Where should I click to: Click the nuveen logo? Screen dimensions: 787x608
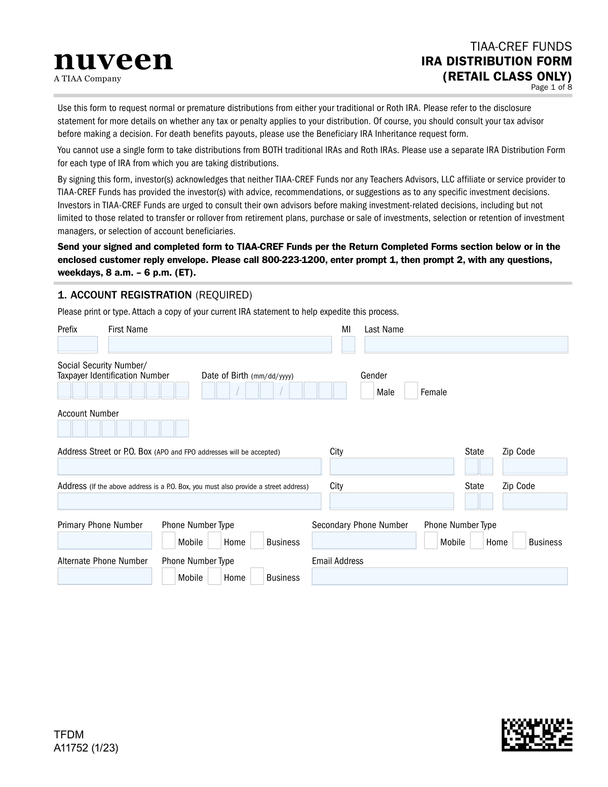[x=113, y=62]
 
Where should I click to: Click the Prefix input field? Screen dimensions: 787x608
[x=78, y=345]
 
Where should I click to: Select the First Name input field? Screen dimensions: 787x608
[x=219, y=345]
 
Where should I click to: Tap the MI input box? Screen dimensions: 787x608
[x=348, y=345]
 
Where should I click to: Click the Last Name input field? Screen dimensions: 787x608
[x=466, y=345]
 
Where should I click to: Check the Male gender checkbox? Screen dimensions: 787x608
[x=367, y=391]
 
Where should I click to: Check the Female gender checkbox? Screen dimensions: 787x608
[x=411, y=391]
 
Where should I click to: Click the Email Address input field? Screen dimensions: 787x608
[x=439, y=576]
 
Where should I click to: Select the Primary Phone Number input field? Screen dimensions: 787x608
[x=104, y=541]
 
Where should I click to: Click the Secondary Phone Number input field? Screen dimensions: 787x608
[x=364, y=541]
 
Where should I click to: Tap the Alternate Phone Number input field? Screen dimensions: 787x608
[x=104, y=576]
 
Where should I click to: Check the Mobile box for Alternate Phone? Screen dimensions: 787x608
[x=168, y=577]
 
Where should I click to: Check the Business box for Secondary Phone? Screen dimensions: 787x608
[x=519, y=541]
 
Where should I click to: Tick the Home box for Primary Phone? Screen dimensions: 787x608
[x=214, y=541]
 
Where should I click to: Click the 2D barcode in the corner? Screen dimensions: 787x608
[x=537, y=734]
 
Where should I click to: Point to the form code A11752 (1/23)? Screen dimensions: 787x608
[x=86, y=748]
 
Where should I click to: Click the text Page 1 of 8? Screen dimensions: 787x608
[x=551, y=87]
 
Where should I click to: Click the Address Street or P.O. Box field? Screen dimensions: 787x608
[x=189, y=466]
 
